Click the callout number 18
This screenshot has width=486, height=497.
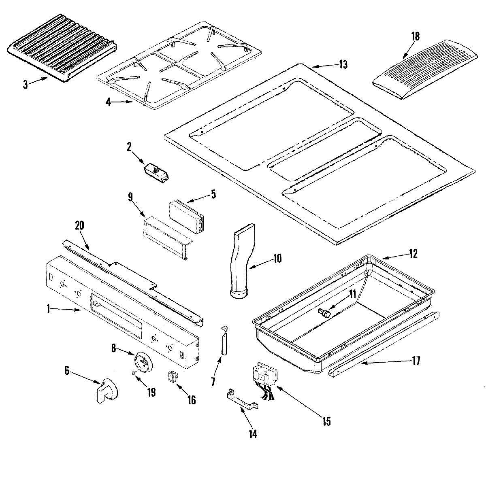(x=415, y=36)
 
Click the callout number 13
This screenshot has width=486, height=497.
(x=343, y=65)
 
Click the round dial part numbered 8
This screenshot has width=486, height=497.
(x=143, y=360)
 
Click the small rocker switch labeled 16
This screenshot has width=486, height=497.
(x=171, y=376)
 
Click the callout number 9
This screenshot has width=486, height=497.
(x=130, y=198)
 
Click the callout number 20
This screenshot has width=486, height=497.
(x=79, y=225)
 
